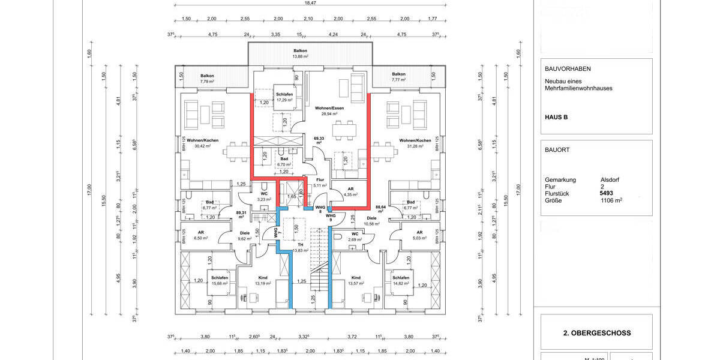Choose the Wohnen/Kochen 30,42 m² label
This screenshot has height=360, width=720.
202,143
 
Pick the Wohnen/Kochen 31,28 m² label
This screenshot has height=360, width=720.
415,143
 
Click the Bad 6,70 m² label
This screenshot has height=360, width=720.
284,161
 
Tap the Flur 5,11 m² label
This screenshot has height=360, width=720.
320,182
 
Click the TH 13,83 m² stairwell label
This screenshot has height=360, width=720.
298,248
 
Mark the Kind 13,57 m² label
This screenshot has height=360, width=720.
356,281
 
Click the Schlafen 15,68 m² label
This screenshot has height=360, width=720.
219,281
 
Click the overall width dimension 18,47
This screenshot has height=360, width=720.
310,3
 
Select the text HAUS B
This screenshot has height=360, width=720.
556,117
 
